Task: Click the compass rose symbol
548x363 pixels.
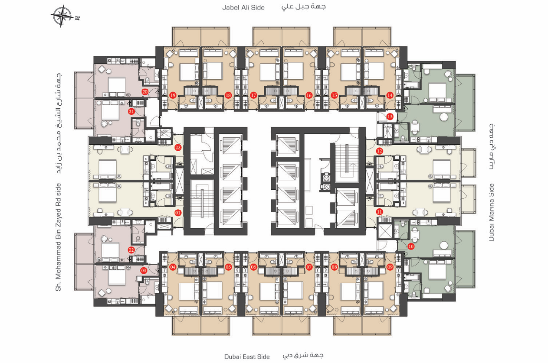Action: click(62, 16)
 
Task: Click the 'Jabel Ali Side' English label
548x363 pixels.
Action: click(243, 7)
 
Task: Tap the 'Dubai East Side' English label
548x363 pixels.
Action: click(247, 357)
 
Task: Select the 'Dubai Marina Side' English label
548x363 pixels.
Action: click(492, 213)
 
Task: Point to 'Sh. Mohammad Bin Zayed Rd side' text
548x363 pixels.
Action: click(58, 237)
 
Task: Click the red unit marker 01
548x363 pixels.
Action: click(178, 213)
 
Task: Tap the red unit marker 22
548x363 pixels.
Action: click(178, 148)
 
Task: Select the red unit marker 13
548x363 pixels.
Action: click(390, 117)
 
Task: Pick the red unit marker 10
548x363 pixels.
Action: click(411, 246)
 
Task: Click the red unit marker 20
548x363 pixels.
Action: click(145, 92)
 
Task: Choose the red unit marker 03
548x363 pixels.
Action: click(143, 270)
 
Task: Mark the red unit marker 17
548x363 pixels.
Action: click(253, 95)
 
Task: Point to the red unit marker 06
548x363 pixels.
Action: click(253, 267)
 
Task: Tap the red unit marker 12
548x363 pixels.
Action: click(380, 151)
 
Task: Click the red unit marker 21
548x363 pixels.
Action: click(131, 112)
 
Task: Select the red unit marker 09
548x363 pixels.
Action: click(390, 267)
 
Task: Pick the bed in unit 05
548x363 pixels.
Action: click(212, 291)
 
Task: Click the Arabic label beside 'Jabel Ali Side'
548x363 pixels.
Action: click(303, 6)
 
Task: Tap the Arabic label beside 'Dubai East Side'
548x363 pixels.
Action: click(303, 356)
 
